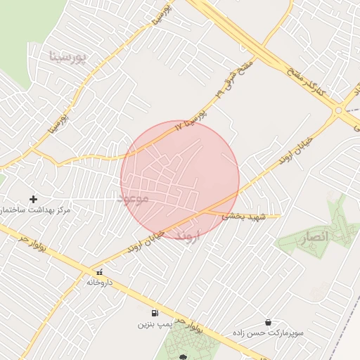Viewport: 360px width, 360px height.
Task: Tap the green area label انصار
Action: tap(314, 239)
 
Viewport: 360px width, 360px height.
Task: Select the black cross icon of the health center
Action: tap(33, 199)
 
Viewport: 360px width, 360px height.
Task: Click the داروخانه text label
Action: tap(99, 282)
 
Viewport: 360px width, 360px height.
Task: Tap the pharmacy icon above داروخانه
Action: tap(99, 271)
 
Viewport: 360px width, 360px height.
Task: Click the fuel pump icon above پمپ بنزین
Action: tap(154, 313)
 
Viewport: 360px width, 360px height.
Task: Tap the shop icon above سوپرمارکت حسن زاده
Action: tap(267, 322)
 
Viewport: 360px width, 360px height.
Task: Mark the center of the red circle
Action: tap(180, 179)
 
